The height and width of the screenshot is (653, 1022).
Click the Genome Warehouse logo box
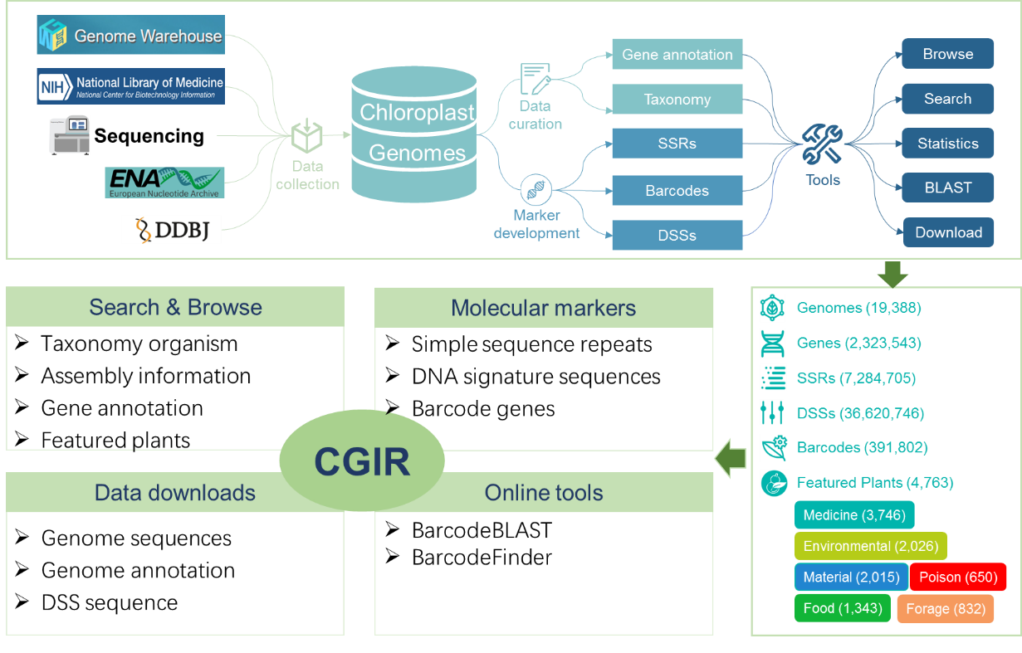click(130, 36)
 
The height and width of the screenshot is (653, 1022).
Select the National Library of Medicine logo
click(130, 85)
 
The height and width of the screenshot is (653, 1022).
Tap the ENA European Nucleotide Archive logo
click(164, 183)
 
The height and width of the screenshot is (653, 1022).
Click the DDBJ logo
click(171, 230)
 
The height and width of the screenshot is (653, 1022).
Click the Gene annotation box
click(677, 55)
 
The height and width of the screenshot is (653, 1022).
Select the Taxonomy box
click(677, 100)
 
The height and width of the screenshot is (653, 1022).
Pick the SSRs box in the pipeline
click(677, 144)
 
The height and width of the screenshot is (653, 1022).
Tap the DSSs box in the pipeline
click(677, 235)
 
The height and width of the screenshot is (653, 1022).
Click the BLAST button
click(947, 188)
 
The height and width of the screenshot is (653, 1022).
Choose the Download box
click(947, 232)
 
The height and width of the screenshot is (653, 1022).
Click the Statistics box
click(947, 144)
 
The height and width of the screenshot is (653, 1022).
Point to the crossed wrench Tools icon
click(822, 144)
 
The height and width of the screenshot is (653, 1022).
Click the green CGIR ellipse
click(361, 461)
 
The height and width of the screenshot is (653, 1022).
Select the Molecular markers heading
click(543, 308)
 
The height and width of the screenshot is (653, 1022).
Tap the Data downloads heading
click(174, 493)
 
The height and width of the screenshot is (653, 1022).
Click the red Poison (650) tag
click(958, 577)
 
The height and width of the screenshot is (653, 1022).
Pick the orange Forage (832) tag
click(945, 608)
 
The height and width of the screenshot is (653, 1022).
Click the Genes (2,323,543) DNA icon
click(772, 343)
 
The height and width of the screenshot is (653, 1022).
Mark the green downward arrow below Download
click(892, 274)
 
